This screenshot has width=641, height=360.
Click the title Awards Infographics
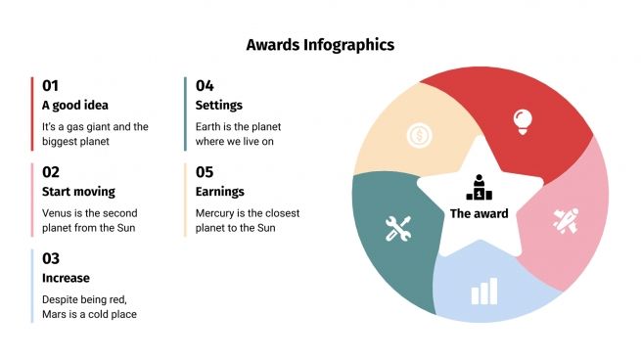click(x=320, y=45)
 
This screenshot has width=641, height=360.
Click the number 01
click(x=51, y=85)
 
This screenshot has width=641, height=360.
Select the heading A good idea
click(x=75, y=106)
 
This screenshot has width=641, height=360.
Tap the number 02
click(x=51, y=171)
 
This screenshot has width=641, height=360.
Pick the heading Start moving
click(x=78, y=192)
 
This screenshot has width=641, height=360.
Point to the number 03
click(x=51, y=258)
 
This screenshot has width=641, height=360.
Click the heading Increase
click(x=66, y=278)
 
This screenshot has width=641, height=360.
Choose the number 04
click(x=205, y=85)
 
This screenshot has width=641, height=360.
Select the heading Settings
click(x=219, y=106)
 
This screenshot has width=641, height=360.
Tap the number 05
click(x=205, y=171)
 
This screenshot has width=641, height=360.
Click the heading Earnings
click(x=220, y=192)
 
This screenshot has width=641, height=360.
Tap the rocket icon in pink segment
click(x=567, y=221)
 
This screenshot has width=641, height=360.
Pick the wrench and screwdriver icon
click(x=397, y=229)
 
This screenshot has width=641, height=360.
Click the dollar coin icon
click(x=420, y=135)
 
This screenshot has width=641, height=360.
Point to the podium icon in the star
click(x=479, y=186)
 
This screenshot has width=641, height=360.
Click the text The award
click(x=479, y=213)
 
